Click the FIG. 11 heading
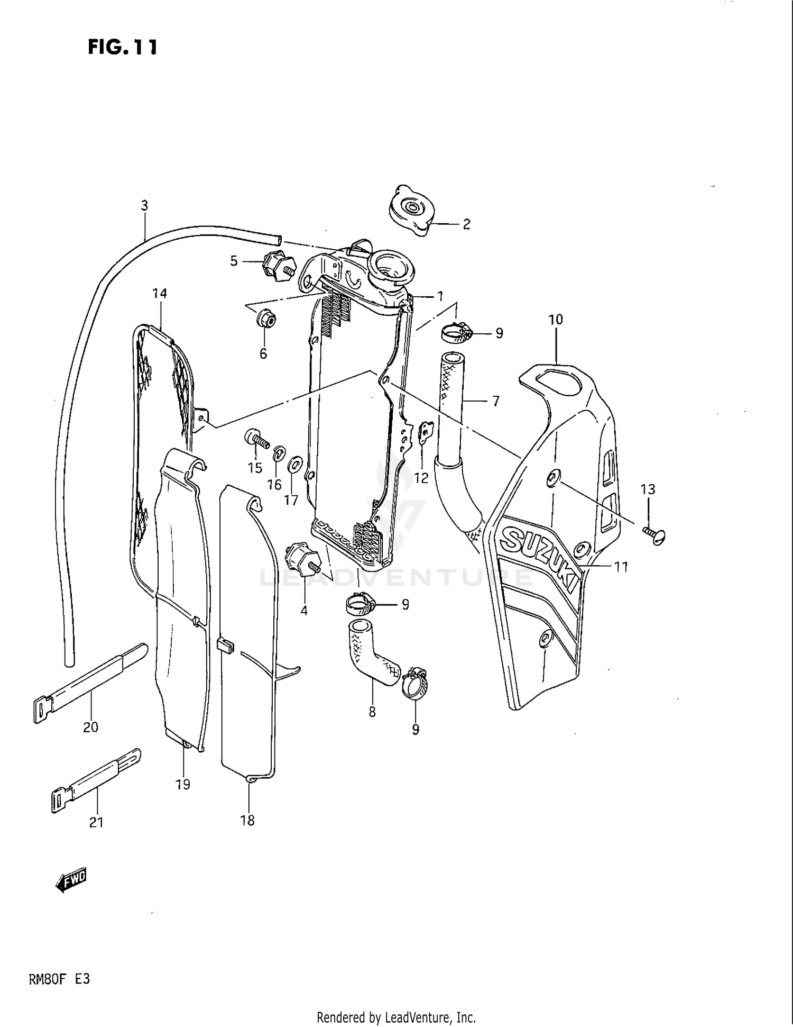tap(123, 47)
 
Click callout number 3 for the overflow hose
tap(144, 205)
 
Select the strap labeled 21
tap(96, 779)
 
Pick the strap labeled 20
tap(90, 682)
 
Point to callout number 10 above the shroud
tap(556, 320)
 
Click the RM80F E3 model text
tap(59, 979)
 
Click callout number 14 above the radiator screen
tap(159, 293)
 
